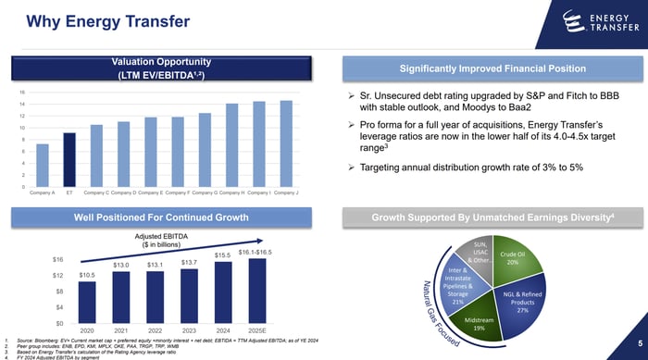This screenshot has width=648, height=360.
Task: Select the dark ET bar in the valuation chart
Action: [69, 160]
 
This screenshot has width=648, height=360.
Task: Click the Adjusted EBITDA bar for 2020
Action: [87, 303]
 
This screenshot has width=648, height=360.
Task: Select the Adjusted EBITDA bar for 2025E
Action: [255, 291]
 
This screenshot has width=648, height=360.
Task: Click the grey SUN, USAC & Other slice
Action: [480, 253]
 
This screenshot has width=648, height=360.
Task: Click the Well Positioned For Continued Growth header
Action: [162, 217]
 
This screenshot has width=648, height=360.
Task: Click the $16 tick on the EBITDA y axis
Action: [57, 258]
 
